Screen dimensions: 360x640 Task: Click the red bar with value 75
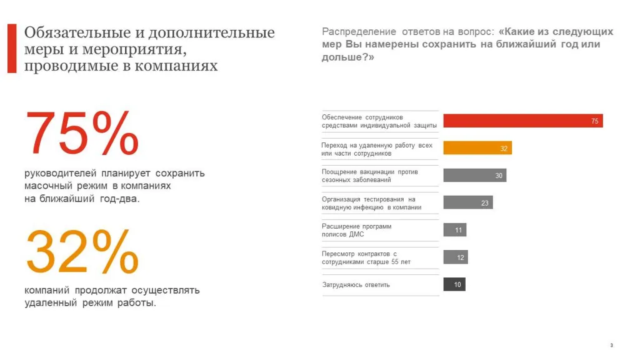pos(522,121)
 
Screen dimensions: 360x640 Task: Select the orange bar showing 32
pos(477,148)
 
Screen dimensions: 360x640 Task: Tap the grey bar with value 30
pos(474,176)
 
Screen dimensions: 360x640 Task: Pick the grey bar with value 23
pos(467,202)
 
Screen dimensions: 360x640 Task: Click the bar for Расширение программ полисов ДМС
pos(455,230)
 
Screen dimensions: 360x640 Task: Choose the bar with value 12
pos(456,257)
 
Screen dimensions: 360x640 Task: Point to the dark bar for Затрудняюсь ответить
pos(454,285)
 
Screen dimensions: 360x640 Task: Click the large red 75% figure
pos(82,134)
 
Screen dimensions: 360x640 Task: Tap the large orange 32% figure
pos(82,251)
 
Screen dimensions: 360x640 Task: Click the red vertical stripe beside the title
pos(11,49)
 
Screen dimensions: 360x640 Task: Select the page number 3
pos(611,346)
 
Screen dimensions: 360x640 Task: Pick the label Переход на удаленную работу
pos(376,149)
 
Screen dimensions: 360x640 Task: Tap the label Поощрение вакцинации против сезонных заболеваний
pos(369,176)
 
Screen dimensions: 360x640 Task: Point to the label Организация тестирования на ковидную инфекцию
pos(371,203)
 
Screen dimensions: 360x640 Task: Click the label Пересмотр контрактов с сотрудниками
pos(366,257)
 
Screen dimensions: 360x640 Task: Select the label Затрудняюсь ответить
pos(356,285)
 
